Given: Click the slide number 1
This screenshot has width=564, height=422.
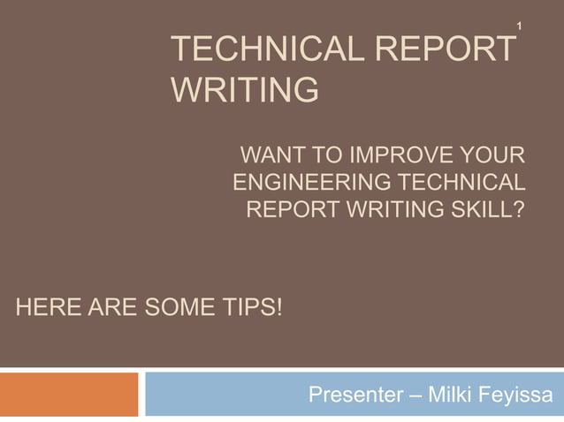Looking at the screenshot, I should point(520,29).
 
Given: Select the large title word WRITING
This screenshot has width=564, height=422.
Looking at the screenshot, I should point(243,90).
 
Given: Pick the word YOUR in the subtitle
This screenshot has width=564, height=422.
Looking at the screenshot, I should point(492,159).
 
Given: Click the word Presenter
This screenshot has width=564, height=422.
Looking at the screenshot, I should point(354,395).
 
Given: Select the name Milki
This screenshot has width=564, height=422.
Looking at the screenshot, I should point(453,395).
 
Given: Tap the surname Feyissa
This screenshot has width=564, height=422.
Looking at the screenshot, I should point(520,395).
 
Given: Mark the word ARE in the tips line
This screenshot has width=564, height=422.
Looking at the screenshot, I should point(107,308).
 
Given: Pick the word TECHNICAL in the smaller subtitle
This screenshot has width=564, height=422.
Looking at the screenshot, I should point(460,185).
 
